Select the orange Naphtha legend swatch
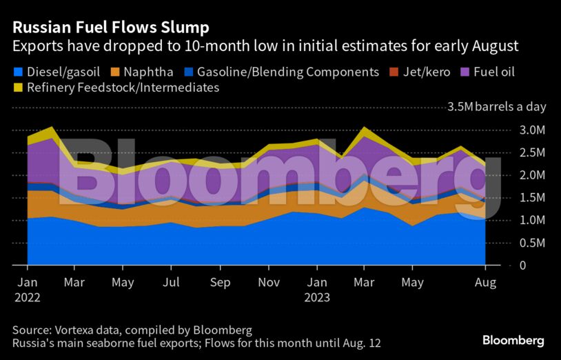click(x=118, y=72)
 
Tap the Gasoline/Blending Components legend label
click(x=287, y=72)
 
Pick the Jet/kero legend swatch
click(x=394, y=72)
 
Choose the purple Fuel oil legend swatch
click(x=465, y=72)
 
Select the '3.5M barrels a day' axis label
click(x=496, y=107)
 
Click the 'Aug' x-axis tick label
click(x=486, y=283)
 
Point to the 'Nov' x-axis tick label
click(x=269, y=283)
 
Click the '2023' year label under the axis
click(x=318, y=298)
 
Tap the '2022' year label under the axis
click(x=27, y=298)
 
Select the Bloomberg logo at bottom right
click(x=513, y=341)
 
